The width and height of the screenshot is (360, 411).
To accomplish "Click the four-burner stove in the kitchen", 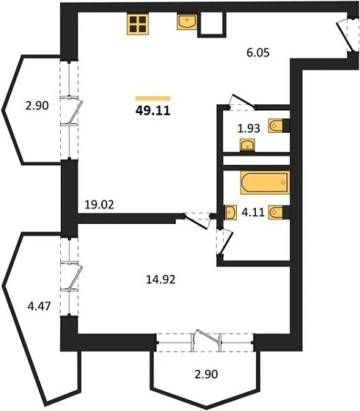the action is (138, 24).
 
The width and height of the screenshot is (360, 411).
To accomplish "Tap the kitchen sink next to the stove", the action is (187, 22).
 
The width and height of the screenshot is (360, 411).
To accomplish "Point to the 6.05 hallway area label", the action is (258, 53).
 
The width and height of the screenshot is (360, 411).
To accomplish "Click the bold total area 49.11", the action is (153, 111).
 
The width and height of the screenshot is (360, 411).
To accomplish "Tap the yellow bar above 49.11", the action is (153, 98).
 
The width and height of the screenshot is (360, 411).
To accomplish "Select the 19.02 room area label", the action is (99, 205).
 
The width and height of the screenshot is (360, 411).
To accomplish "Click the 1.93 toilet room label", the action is (249, 128).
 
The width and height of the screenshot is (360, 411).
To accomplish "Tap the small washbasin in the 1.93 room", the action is (247, 145).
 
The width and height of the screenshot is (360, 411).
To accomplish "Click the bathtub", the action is (265, 183).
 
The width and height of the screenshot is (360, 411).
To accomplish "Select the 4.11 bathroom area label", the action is (253, 212).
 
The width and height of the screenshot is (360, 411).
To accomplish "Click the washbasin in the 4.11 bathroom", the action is (231, 212).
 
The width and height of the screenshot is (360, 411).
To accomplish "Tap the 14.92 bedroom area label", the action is (161, 280).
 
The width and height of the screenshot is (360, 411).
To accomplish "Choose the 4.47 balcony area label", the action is (39, 306).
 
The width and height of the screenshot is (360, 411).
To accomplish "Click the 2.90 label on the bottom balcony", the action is (206, 374).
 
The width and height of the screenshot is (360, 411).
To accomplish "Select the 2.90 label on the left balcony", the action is (37, 106).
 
